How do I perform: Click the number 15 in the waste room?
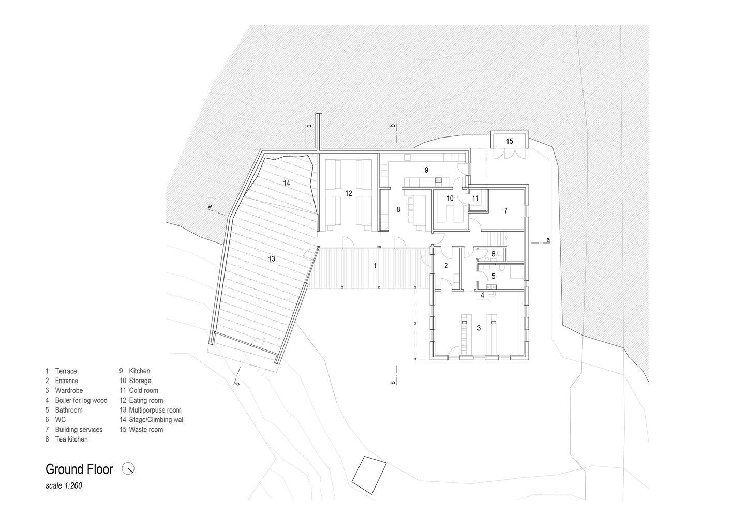click(510, 142)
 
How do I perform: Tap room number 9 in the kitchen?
click(426, 170)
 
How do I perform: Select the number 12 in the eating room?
click(348, 193)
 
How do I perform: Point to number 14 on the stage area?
click(286, 183)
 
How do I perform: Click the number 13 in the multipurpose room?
click(272, 259)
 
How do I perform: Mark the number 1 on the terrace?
click(375, 266)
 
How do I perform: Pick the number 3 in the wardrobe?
click(479, 328)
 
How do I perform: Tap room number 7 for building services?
click(505, 210)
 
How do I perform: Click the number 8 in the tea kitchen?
click(398, 210)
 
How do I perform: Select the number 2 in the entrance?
click(446, 266)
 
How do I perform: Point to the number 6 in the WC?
click(494, 254)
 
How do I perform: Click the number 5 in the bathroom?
click(494, 276)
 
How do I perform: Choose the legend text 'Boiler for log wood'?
click(81, 400)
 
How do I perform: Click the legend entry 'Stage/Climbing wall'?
click(157, 420)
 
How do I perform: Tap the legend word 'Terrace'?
click(66, 371)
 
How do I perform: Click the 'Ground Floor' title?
click(79, 469)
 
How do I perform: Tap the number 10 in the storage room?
click(450, 198)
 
